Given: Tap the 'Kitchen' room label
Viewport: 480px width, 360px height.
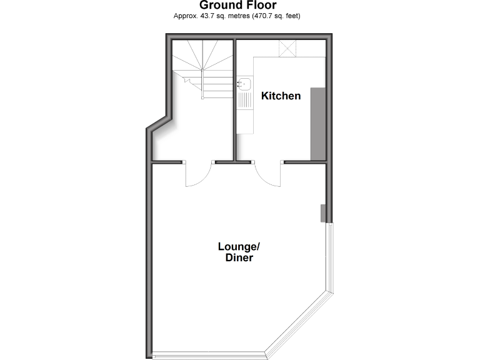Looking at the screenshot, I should click(281, 96).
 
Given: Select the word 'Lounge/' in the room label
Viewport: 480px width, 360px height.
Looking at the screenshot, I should click(237, 246).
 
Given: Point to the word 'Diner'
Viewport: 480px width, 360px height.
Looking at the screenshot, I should click(239, 257).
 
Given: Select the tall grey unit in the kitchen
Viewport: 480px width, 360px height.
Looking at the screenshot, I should click(317, 124).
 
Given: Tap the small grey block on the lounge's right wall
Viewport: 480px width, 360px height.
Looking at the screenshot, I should click(323, 212).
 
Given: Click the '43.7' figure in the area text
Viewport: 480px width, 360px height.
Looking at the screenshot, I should click(206, 16).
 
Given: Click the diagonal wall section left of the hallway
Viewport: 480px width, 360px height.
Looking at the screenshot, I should click(159, 122).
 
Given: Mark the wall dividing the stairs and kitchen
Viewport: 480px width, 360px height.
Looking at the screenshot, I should click(234, 100).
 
